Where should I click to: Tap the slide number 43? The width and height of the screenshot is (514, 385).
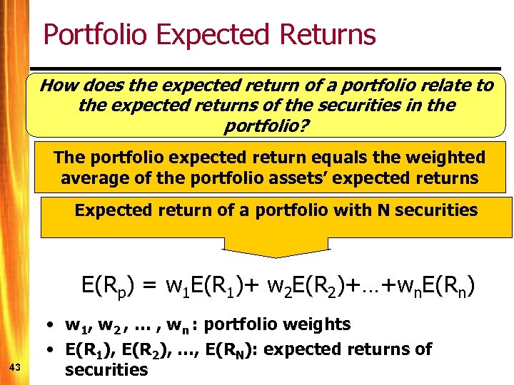point(14,367)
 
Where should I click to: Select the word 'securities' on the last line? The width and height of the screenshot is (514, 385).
point(106,369)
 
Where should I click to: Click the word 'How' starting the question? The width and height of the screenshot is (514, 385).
point(58,86)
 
